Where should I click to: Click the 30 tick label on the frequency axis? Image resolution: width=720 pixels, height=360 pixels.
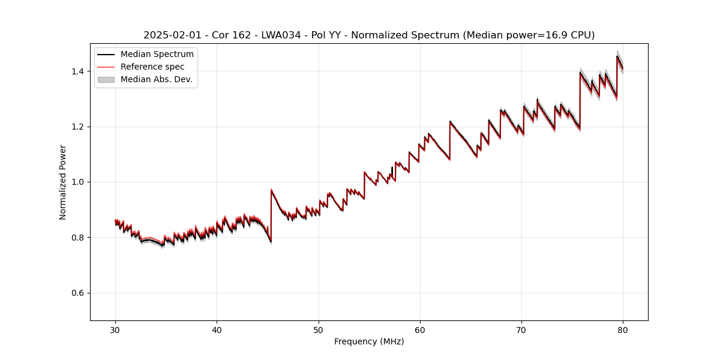click(x=115, y=329)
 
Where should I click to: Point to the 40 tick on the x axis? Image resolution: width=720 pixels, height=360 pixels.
click(x=217, y=321)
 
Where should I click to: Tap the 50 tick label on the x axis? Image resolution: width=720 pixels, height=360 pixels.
click(x=319, y=329)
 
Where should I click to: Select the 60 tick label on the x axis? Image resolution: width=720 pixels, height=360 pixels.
click(x=420, y=329)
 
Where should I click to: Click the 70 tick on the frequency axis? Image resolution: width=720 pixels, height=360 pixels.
click(x=521, y=321)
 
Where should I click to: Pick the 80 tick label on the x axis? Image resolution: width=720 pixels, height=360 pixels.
click(x=623, y=329)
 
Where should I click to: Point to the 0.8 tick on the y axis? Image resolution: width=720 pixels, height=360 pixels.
click(x=91, y=238)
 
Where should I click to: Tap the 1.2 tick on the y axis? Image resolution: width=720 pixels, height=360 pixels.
click(x=91, y=127)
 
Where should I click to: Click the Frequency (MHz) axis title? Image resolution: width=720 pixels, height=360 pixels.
click(x=369, y=341)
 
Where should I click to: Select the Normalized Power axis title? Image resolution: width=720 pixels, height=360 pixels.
click(x=63, y=182)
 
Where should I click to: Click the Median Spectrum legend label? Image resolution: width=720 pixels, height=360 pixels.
click(x=157, y=55)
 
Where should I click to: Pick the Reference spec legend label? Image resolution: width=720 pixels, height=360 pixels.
click(x=152, y=67)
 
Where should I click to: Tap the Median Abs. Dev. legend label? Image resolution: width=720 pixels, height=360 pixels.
click(x=157, y=79)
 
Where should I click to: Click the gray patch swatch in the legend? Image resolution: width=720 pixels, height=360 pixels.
click(x=106, y=79)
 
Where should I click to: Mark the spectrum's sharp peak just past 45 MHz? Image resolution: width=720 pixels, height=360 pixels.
click(x=272, y=190)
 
